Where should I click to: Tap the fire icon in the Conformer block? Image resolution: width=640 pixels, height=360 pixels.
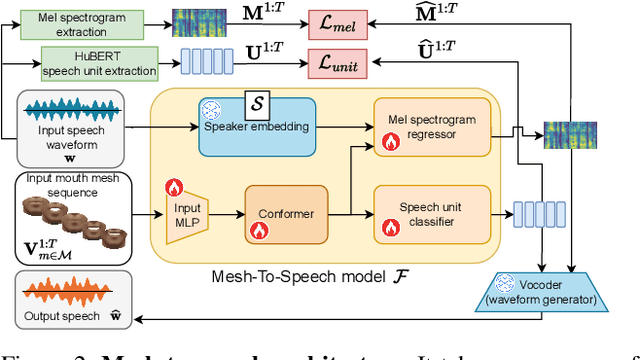pos(260,229)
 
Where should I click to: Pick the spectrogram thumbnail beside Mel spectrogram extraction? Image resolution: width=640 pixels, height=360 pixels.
pos(192,22)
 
